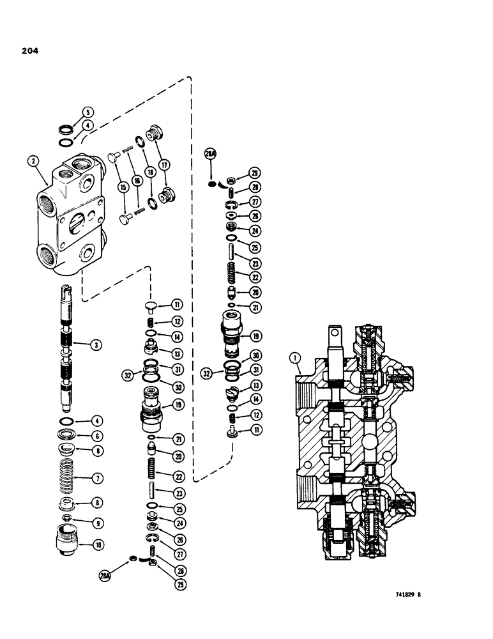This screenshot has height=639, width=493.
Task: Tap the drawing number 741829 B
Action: coord(404,595)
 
